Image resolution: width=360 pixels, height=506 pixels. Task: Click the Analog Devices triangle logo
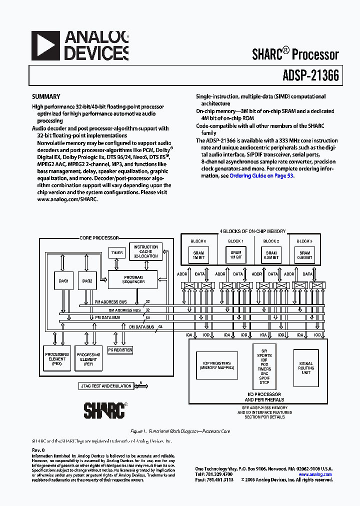pos(45,45)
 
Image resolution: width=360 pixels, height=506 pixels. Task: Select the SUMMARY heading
pos(46,97)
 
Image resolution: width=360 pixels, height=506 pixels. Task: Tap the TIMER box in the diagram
pos(117,253)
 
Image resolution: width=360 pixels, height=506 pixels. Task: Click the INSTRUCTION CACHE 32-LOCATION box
pos(145,251)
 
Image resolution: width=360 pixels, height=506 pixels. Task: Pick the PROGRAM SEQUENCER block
pos(133,279)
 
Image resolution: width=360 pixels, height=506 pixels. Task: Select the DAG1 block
pos(63,281)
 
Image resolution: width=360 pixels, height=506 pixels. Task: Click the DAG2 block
pos(87,281)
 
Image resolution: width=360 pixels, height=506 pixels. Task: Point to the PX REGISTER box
pos(120,350)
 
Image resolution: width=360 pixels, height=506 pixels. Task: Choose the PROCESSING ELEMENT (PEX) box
pos(56,359)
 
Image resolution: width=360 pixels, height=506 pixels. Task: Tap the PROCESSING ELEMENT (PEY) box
pos(88,359)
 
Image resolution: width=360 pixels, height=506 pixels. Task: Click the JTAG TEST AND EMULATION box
pos(106,386)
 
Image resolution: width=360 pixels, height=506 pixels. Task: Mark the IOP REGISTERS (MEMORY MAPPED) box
pos(217,365)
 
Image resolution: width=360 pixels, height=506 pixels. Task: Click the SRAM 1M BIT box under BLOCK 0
pos(198,255)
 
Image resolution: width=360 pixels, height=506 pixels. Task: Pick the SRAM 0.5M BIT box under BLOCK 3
pos(304,255)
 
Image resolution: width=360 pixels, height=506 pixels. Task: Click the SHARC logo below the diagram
pos(104,410)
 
